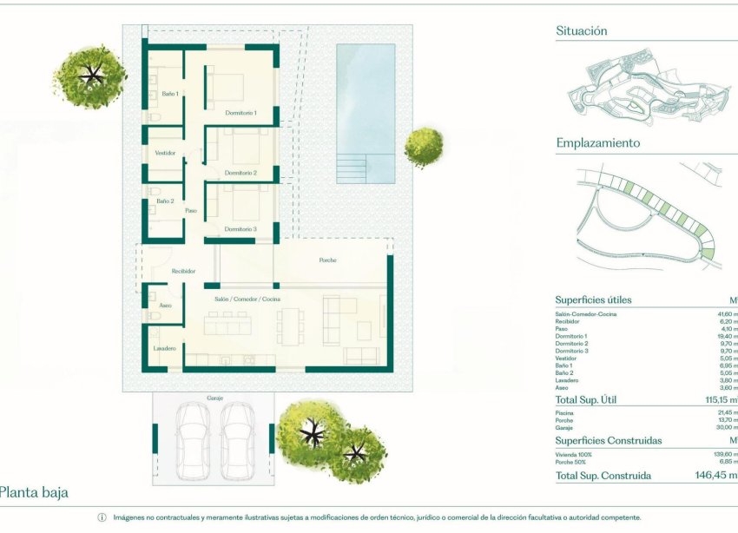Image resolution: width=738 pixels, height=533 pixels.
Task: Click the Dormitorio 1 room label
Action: click(241, 113)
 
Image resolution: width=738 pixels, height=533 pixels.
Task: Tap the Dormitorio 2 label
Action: click(241, 174)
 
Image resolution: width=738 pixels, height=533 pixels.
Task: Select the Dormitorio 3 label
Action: click(241, 229)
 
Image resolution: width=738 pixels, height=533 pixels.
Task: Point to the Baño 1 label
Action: click(170, 94)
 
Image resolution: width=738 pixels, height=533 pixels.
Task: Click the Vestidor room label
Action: click(165, 153)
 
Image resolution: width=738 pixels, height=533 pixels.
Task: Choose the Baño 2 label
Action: click(165, 201)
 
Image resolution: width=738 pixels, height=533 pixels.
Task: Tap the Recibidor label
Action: click(182, 271)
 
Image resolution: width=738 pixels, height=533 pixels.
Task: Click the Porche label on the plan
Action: click(327, 260)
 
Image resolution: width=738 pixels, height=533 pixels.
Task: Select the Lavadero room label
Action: click(165, 348)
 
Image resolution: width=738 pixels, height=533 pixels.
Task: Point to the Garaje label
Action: click(215, 398)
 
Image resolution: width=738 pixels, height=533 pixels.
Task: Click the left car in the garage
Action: click(193, 439)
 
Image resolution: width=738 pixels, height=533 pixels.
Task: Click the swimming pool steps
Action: click(353, 168)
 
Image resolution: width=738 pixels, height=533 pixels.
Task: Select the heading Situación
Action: click(581, 31)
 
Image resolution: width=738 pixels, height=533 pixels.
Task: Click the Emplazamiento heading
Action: click(597, 143)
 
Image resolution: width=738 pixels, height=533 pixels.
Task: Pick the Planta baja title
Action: click(33, 493)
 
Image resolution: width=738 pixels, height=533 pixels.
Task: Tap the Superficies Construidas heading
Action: click(608, 441)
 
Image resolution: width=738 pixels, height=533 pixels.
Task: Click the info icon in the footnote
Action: click(102, 517)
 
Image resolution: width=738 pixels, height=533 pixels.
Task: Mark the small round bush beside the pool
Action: click(424, 147)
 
